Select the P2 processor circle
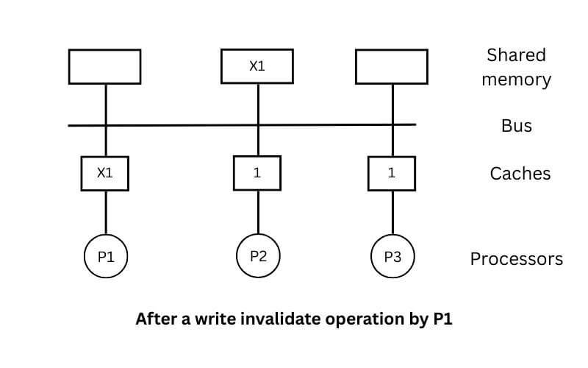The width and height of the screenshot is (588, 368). (258, 256)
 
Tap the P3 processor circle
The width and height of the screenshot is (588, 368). (392, 257)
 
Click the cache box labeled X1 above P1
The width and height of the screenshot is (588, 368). (104, 173)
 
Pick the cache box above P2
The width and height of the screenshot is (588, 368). (257, 174)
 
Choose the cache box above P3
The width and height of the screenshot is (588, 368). (392, 174)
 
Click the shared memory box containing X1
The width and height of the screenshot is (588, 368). (257, 66)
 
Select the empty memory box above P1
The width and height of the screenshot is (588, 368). (104, 66)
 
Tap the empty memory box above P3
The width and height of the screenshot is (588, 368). (392, 66)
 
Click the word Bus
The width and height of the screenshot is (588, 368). (517, 126)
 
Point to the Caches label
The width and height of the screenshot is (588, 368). (520, 174)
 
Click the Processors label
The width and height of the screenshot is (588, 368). (517, 259)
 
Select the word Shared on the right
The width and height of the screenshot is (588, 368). (516, 55)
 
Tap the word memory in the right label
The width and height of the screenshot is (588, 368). (516, 79)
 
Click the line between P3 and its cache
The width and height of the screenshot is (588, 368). (392, 213)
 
